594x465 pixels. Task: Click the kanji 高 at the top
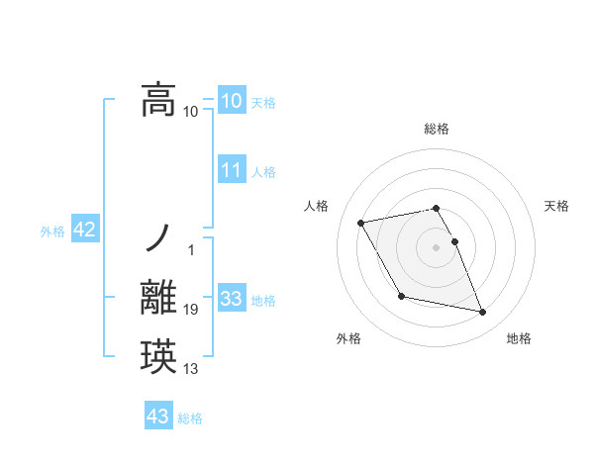158,100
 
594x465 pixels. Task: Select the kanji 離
158,298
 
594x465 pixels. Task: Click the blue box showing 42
84,231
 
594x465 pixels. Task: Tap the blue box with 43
158,417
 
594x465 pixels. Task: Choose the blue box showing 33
231,299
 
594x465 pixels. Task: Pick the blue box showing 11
231,170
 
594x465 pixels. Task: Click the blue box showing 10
231,101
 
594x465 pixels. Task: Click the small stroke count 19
191,311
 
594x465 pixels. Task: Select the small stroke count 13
191,370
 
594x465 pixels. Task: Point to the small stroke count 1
191,248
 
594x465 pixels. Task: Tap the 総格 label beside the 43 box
190,418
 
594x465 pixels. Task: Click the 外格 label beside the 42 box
52,232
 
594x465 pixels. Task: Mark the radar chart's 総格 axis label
436,129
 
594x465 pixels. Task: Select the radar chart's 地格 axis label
519,339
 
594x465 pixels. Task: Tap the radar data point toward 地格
483,313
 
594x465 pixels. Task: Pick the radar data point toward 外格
401,296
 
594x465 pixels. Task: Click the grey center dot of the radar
436,247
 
